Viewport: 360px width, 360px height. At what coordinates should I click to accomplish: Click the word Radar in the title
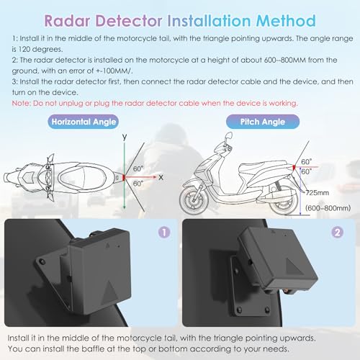[67, 21]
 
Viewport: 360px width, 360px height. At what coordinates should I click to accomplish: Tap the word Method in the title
[286, 21]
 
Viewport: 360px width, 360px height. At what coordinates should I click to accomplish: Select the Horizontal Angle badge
[84, 122]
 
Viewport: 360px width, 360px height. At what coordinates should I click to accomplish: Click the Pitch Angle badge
[263, 122]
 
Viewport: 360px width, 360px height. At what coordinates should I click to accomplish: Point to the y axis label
[125, 137]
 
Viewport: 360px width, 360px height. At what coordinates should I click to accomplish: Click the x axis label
[161, 178]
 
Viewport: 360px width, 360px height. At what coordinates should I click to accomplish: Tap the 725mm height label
[318, 192]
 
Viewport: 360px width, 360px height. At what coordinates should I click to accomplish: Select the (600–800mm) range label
[328, 208]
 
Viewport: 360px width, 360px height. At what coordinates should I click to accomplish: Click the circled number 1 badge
[164, 233]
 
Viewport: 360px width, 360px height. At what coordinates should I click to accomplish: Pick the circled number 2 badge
[337, 233]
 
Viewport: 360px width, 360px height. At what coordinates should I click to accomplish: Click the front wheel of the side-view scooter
[193, 200]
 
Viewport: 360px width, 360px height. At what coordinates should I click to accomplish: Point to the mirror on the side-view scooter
[228, 136]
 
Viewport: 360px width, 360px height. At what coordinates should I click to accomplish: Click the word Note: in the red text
[22, 103]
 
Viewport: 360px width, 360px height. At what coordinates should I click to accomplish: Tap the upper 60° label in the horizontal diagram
[138, 168]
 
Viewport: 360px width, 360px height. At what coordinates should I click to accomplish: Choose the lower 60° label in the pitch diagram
[307, 171]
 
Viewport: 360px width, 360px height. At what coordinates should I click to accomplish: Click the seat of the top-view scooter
[83, 178]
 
